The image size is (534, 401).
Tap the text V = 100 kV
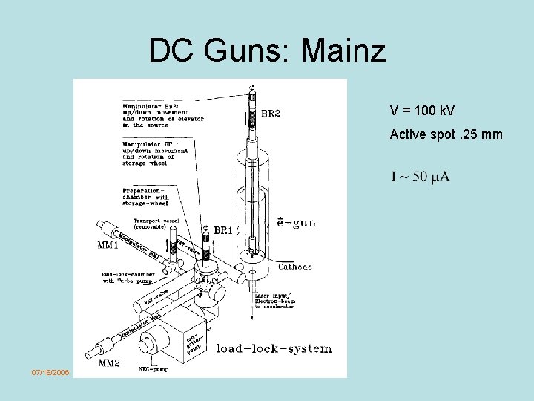[422, 111]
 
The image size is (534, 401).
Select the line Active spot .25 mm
[446, 134]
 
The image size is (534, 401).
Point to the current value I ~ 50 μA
[420, 176]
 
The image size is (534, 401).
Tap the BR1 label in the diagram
[223, 231]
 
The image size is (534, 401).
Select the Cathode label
[294, 266]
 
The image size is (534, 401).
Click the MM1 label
[109, 244]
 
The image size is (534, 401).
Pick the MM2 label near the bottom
[111, 363]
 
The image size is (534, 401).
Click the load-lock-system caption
[274, 348]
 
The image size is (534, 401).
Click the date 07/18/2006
[50, 371]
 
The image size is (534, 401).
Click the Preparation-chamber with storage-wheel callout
[146, 198]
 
